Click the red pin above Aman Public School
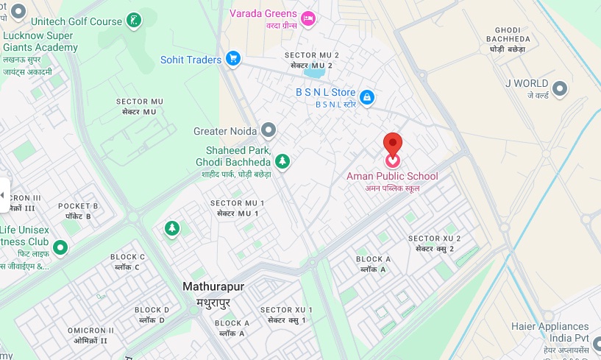[x=394, y=142]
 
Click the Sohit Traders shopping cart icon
[x=233, y=58]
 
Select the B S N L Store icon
[x=366, y=96]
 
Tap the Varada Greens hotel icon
[x=307, y=17]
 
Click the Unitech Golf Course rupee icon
[x=134, y=21]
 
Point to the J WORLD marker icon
[x=561, y=88]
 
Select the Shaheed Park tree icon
[x=282, y=160]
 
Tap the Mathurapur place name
[x=213, y=286]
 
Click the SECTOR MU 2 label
[x=312, y=56]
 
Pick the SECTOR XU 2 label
[x=434, y=239]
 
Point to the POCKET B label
[x=78, y=206]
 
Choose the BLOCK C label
[x=128, y=257]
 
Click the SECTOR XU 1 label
[x=286, y=310]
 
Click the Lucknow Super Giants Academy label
[x=40, y=42]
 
